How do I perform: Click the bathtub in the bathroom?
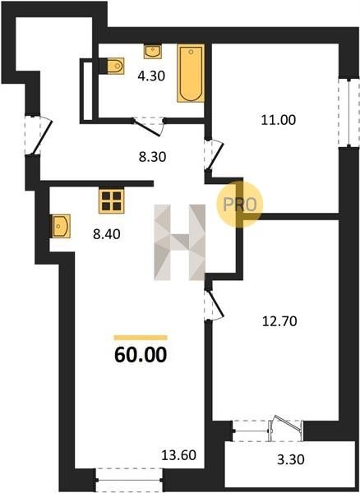coord(191,73)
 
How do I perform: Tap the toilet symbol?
coord(115,66)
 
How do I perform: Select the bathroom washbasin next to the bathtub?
coord(153,52)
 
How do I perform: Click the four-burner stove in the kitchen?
coord(111,201)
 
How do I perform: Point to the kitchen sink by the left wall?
coord(61,226)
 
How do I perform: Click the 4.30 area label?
coord(151,76)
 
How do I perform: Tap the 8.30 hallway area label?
coord(153,157)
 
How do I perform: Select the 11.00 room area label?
coord(279,120)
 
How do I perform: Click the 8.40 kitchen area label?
coord(107,234)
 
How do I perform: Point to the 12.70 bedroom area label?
coord(279,321)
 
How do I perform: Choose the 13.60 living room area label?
coord(178,455)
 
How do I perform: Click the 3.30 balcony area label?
coord(291,459)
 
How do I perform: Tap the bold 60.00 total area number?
coord(141,355)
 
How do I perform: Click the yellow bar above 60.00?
coord(141,338)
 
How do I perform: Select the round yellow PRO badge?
coord(239,205)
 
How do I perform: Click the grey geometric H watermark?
coord(179,242)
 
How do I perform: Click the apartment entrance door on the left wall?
coord(38,136)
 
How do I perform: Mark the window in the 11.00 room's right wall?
coord(348,113)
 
